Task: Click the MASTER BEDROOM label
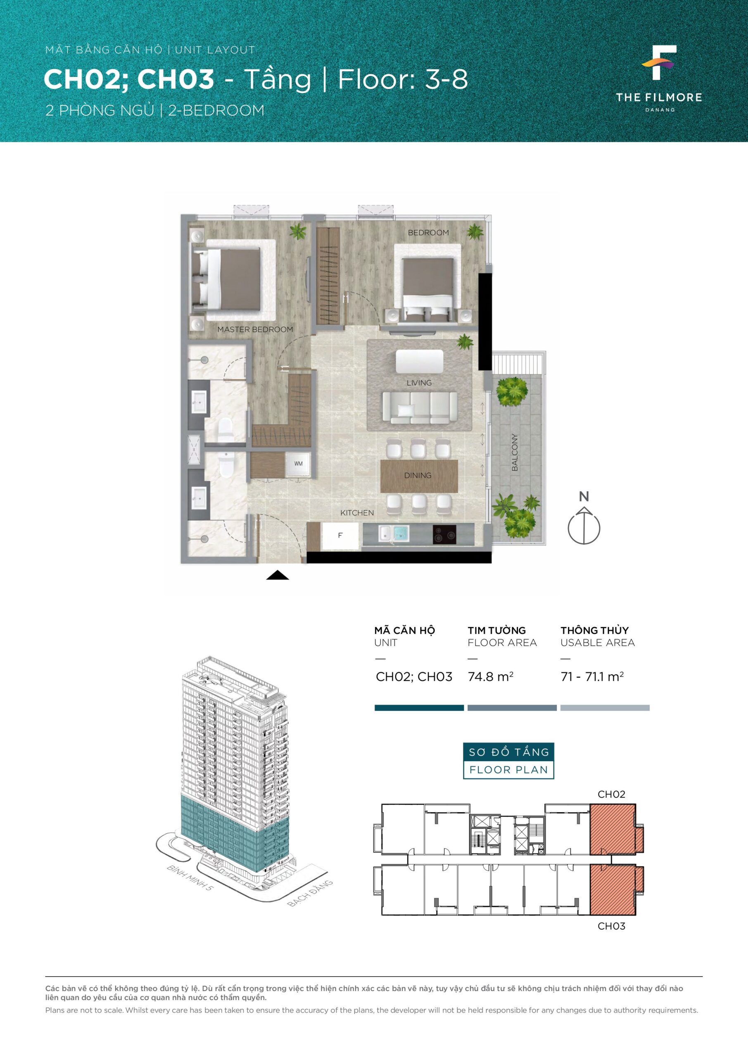pyautogui.click(x=255, y=329)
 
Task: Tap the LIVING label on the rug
pyautogui.click(x=419, y=383)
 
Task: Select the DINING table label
pyautogui.click(x=418, y=476)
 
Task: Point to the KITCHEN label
pyautogui.click(x=357, y=513)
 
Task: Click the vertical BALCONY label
pyautogui.click(x=515, y=452)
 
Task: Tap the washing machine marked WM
pyautogui.click(x=299, y=464)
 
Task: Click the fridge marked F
pyautogui.click(x=340, y=536)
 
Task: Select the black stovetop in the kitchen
pyautogui.click(x=444, y=534)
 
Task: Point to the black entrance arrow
pyautogui.click(x=278, y=574)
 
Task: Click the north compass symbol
pyautogui.click(x=584, y=521)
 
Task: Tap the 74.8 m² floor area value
pyautogui.click(x=491, y=677)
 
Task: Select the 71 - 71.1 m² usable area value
pyautogui.click(x=592, y=677)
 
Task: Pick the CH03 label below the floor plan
pyautogui.click(x=611, y=926)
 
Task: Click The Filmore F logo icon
pyautogui.click(x=659, y=63)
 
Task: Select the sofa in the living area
pyautogui.click(x=420, y=407)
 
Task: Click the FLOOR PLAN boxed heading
pyautogui.click(x=508, y=770)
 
